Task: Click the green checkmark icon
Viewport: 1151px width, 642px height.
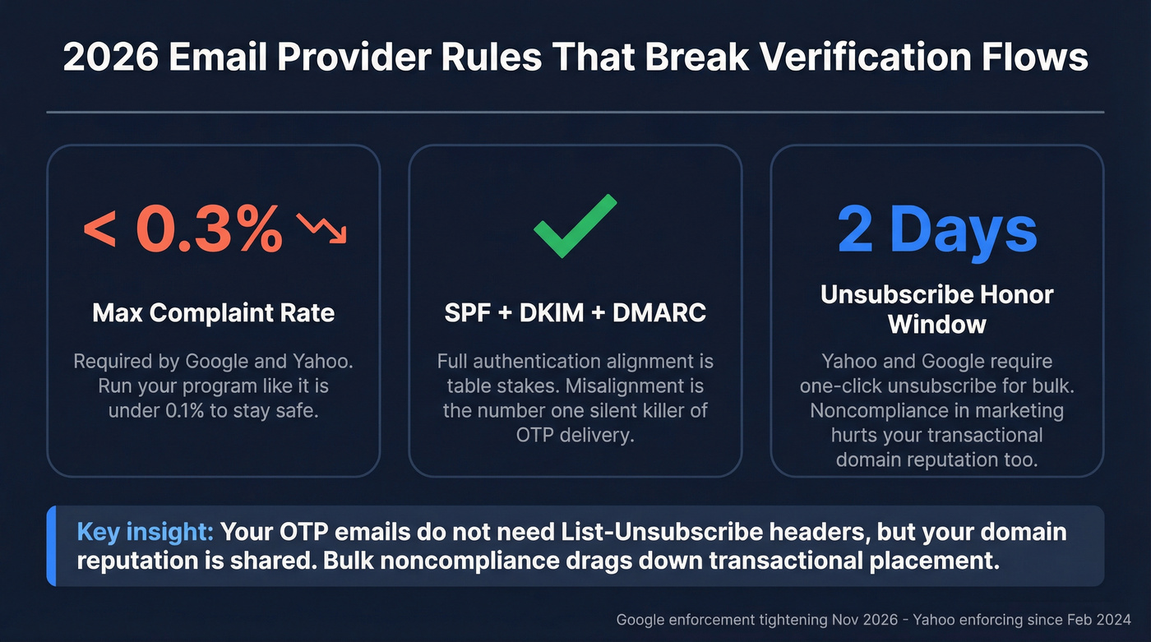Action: (575, 226)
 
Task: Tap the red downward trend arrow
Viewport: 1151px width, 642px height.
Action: (322, 229)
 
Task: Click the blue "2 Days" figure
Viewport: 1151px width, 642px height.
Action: (936, 229)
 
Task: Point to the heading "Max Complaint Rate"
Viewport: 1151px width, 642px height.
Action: (213, 313)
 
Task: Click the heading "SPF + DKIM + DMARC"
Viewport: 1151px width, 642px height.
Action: (575, 313)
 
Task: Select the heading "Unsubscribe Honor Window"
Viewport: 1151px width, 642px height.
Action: (936, 309)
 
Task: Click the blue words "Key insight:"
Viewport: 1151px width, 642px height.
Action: (145, 532)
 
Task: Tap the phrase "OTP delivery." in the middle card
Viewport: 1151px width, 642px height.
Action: (575, 435)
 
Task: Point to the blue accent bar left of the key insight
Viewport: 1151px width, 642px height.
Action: (51, 546)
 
